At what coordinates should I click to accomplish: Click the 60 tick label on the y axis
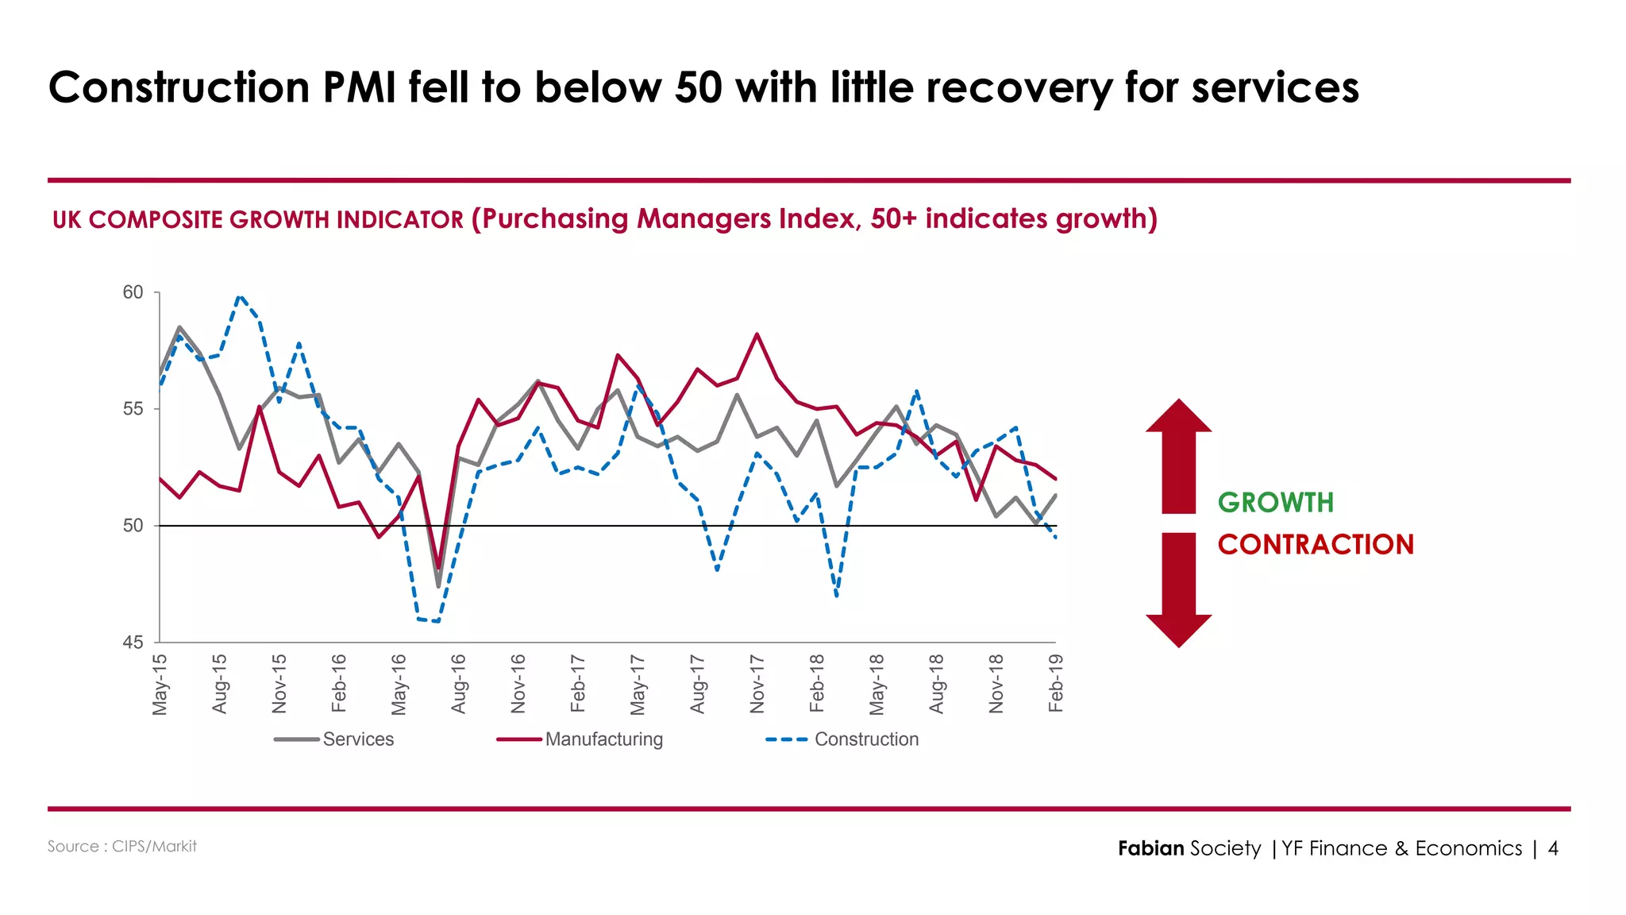(133, 293)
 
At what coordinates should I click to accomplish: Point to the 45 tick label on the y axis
(133, 643)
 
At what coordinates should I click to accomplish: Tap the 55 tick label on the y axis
(133, 409)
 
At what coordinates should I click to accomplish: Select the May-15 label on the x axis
(160, 684)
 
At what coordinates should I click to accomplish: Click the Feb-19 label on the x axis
(1055, 683)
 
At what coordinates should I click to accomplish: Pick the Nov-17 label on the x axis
(757, 684)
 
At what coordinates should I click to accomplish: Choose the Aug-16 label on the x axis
(458, 684)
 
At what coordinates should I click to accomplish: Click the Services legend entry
(357, 739)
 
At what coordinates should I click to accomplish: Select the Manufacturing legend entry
(603, 739)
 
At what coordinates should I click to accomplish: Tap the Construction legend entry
(865, 739)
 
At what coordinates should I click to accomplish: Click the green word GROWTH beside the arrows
(1275, 503)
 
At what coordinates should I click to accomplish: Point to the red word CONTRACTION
(1316, 545)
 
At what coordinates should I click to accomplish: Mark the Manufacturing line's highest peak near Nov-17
(757, 334)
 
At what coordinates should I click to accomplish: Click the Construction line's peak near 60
(240, 296)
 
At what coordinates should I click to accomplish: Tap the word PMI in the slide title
(359, 87)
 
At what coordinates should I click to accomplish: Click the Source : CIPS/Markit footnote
(121, 847)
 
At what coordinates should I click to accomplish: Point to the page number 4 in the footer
(1553, 849)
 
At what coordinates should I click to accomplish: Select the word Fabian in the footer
(1150, 849)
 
